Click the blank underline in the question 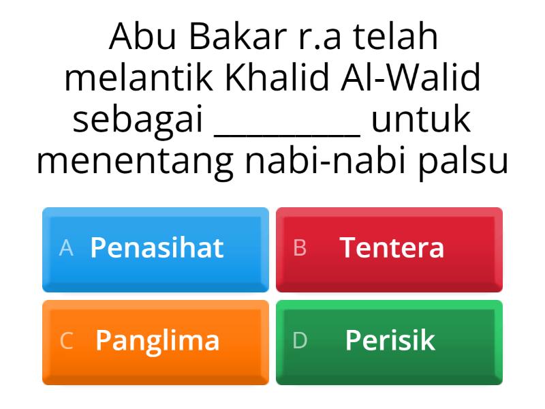click(287, 134)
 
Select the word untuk click(421, 120)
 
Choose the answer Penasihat click(157, 247)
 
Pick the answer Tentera click(392, 247)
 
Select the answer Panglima click(157, 340)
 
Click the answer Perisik click(390, 340)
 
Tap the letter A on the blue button click(66, 248)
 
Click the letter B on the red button click(300, 248)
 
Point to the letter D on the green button click(300, 341)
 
